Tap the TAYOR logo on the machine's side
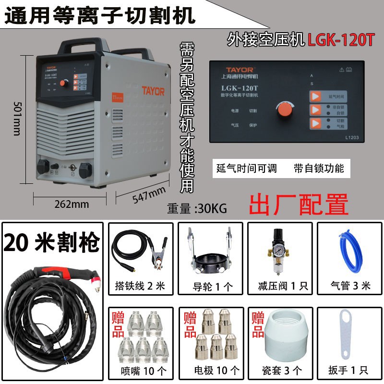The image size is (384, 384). point(153,90)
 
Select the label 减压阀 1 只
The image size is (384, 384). point(279,286)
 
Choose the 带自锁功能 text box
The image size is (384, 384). point(319,168)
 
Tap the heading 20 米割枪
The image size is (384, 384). point(51,243)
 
